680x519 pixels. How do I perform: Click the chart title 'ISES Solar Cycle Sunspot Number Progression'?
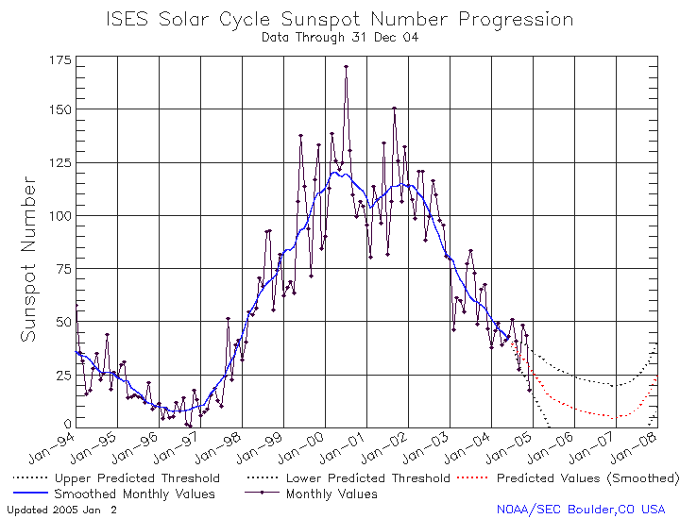click(340, 20)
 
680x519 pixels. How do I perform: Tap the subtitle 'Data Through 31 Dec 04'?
click(340, 38)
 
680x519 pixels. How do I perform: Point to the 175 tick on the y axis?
click(60, 59)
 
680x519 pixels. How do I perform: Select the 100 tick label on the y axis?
click(59, 216)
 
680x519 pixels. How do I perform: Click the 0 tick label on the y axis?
click(68, 424)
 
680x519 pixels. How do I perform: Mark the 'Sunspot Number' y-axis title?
click(28, 259)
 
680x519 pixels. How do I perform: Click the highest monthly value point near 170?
click(346, 67)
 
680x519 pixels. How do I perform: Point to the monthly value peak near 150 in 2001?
click(394, 109)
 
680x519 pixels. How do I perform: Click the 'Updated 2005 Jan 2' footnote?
click(62, 510)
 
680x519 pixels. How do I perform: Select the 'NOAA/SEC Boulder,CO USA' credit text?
click(581, 510)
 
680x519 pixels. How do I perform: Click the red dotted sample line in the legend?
click(473, 477)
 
